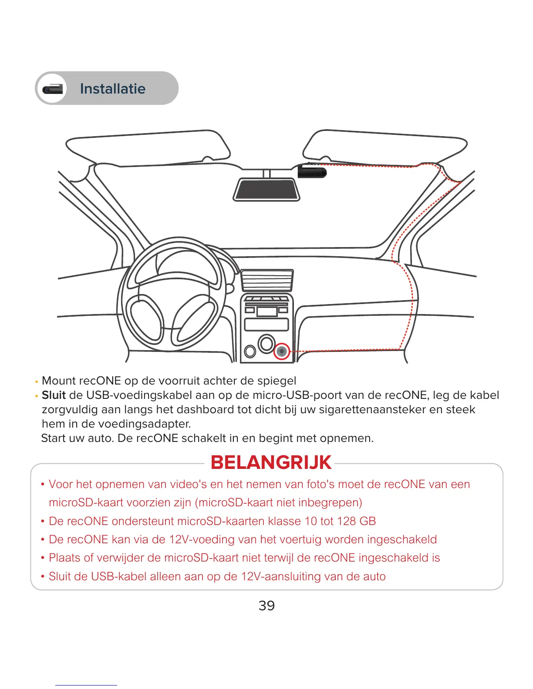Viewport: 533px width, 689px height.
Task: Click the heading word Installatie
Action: (x=112, y=89)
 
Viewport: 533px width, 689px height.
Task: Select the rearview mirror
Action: (x=266, y=190)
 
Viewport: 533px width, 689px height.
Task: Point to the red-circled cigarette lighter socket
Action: (x=282, y=351)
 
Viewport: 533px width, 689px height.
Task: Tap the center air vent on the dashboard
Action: (x=266, y=280)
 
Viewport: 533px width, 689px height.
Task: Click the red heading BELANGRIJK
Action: (x=271, y=462)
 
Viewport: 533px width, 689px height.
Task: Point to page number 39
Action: (x=266, y=605)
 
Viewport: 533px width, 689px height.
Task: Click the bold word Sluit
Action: (x=54, y=395)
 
